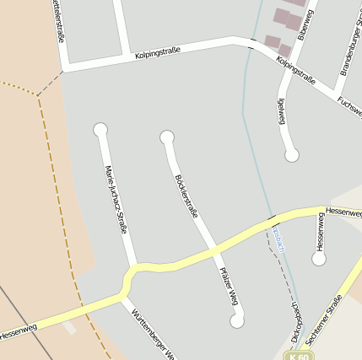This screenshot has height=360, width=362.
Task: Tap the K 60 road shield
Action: click(x=297, y=356)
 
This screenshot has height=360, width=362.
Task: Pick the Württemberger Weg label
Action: click(x=153, y=332)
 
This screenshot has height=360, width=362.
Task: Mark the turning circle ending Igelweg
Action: click(x=292, y=155)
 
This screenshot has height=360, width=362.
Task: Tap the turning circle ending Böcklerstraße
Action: click(x=167, y=137)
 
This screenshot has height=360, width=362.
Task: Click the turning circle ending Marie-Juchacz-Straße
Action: click(x=101, y=129)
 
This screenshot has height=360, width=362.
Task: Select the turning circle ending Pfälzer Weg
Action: click(x=237, y=320)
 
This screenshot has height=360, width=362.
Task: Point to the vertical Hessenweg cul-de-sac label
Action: click(x=320, y=231)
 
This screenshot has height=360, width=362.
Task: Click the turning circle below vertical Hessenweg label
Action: click(x=319, y=259)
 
